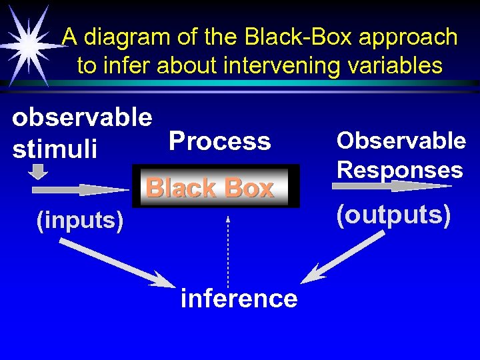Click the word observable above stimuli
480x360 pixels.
pos(82,117)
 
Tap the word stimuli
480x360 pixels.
pos(55,148)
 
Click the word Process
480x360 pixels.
pos(220,141)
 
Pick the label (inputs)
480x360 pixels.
pos(80,220)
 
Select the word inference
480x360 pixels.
pos(239,298)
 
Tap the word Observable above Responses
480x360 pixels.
pos(401,141)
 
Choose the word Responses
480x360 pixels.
pos(399,169)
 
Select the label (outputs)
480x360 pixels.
pos(394,215)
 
